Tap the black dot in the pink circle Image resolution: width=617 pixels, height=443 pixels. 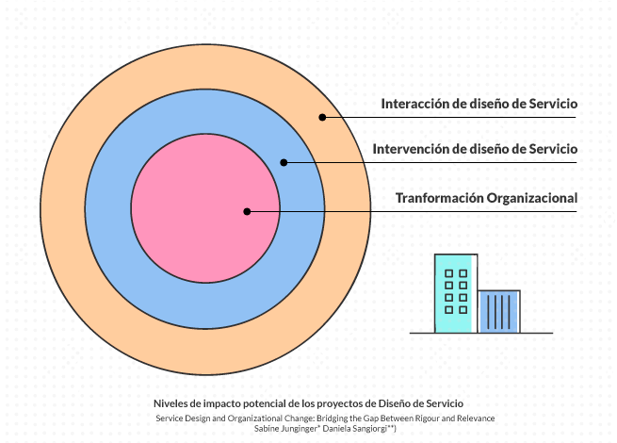tap(247, 211)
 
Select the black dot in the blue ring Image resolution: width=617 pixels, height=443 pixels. tap(284, 162)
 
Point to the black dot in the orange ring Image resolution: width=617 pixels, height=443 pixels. tap(321, 118)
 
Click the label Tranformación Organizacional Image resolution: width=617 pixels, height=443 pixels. tap(486, 198)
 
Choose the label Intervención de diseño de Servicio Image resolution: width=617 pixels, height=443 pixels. tap(476, 149)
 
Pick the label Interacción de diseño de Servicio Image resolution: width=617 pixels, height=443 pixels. tap(479, 104)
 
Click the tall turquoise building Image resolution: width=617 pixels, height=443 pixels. tap(455, 293)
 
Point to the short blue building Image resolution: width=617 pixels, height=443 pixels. tap(499, 311)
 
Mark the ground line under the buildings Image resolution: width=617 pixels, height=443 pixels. tap(481, 333)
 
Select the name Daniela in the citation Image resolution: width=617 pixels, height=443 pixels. tap(342, 428)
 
